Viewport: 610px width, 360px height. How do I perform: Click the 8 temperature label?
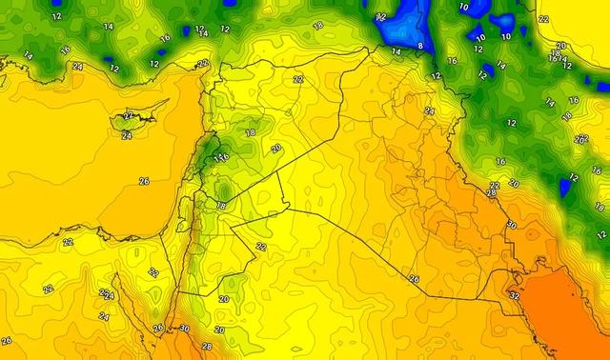coord(420,45)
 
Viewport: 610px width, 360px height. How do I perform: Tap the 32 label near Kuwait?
coord(516,296)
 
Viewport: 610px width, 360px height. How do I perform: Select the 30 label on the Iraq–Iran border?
coord(511,225)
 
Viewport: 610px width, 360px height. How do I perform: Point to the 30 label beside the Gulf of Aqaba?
coord(184,329)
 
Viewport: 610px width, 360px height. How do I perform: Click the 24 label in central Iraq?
coord(429,111)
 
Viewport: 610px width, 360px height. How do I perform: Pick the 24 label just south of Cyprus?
coord(127,135)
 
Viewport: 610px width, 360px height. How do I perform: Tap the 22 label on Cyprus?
coord(129,116)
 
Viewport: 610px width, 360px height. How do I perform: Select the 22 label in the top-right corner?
coord(544,19)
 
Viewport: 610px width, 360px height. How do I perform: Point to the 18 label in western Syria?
coord(251,134)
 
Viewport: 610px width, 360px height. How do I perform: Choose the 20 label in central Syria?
coord(276,149)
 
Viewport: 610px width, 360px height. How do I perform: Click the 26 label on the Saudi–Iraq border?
coord(414,279)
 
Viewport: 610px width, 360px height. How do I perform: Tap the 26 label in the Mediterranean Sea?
coord(144,181)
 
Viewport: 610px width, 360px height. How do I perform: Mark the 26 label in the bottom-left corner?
coord(7,341)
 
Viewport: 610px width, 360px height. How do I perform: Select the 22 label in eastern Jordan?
coord(261,247)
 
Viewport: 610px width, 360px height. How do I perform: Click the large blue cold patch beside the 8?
coord(405,24)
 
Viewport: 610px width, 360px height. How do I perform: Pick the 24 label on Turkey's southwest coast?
coord(77,67)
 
